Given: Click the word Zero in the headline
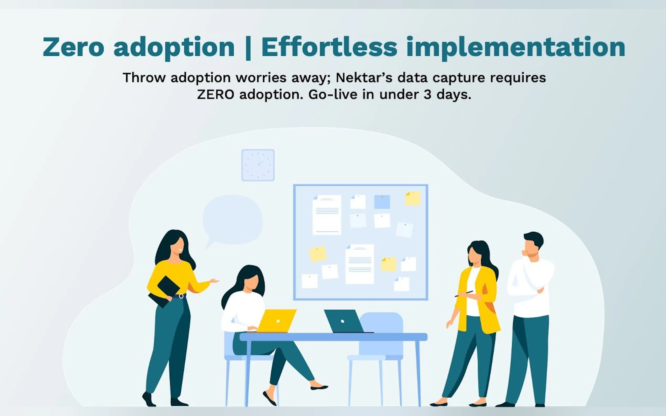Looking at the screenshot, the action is point(73,47).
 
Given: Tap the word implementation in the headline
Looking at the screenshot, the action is point(516,48).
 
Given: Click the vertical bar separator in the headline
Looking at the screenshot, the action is point(248,48).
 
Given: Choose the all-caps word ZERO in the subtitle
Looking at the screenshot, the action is point(216,95).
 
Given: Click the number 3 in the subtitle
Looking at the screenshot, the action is point(427,95).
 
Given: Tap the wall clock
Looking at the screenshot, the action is point(258,165).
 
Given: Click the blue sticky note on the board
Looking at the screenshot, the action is point(382,202).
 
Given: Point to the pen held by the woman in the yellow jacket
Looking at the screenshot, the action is point(464,294).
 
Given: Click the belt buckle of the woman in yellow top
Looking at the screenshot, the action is point(181,296).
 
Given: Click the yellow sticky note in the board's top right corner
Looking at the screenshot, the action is point(413,199).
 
